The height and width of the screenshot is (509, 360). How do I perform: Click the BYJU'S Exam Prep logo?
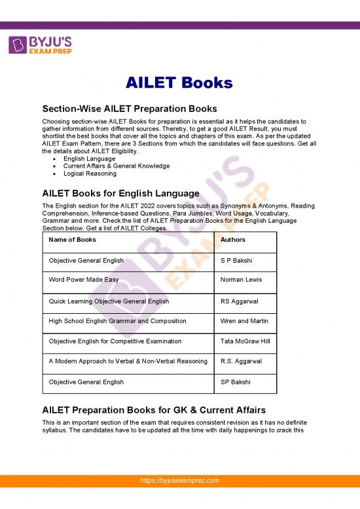point(41,45)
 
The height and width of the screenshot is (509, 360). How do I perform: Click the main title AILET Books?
point(179,83)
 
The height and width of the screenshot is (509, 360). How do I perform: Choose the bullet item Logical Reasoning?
point(90,174)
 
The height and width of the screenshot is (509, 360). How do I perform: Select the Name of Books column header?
point(73,240)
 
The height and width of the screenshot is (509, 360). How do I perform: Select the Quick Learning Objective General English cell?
point(109,301)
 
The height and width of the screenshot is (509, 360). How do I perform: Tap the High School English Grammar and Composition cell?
point(117,321)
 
